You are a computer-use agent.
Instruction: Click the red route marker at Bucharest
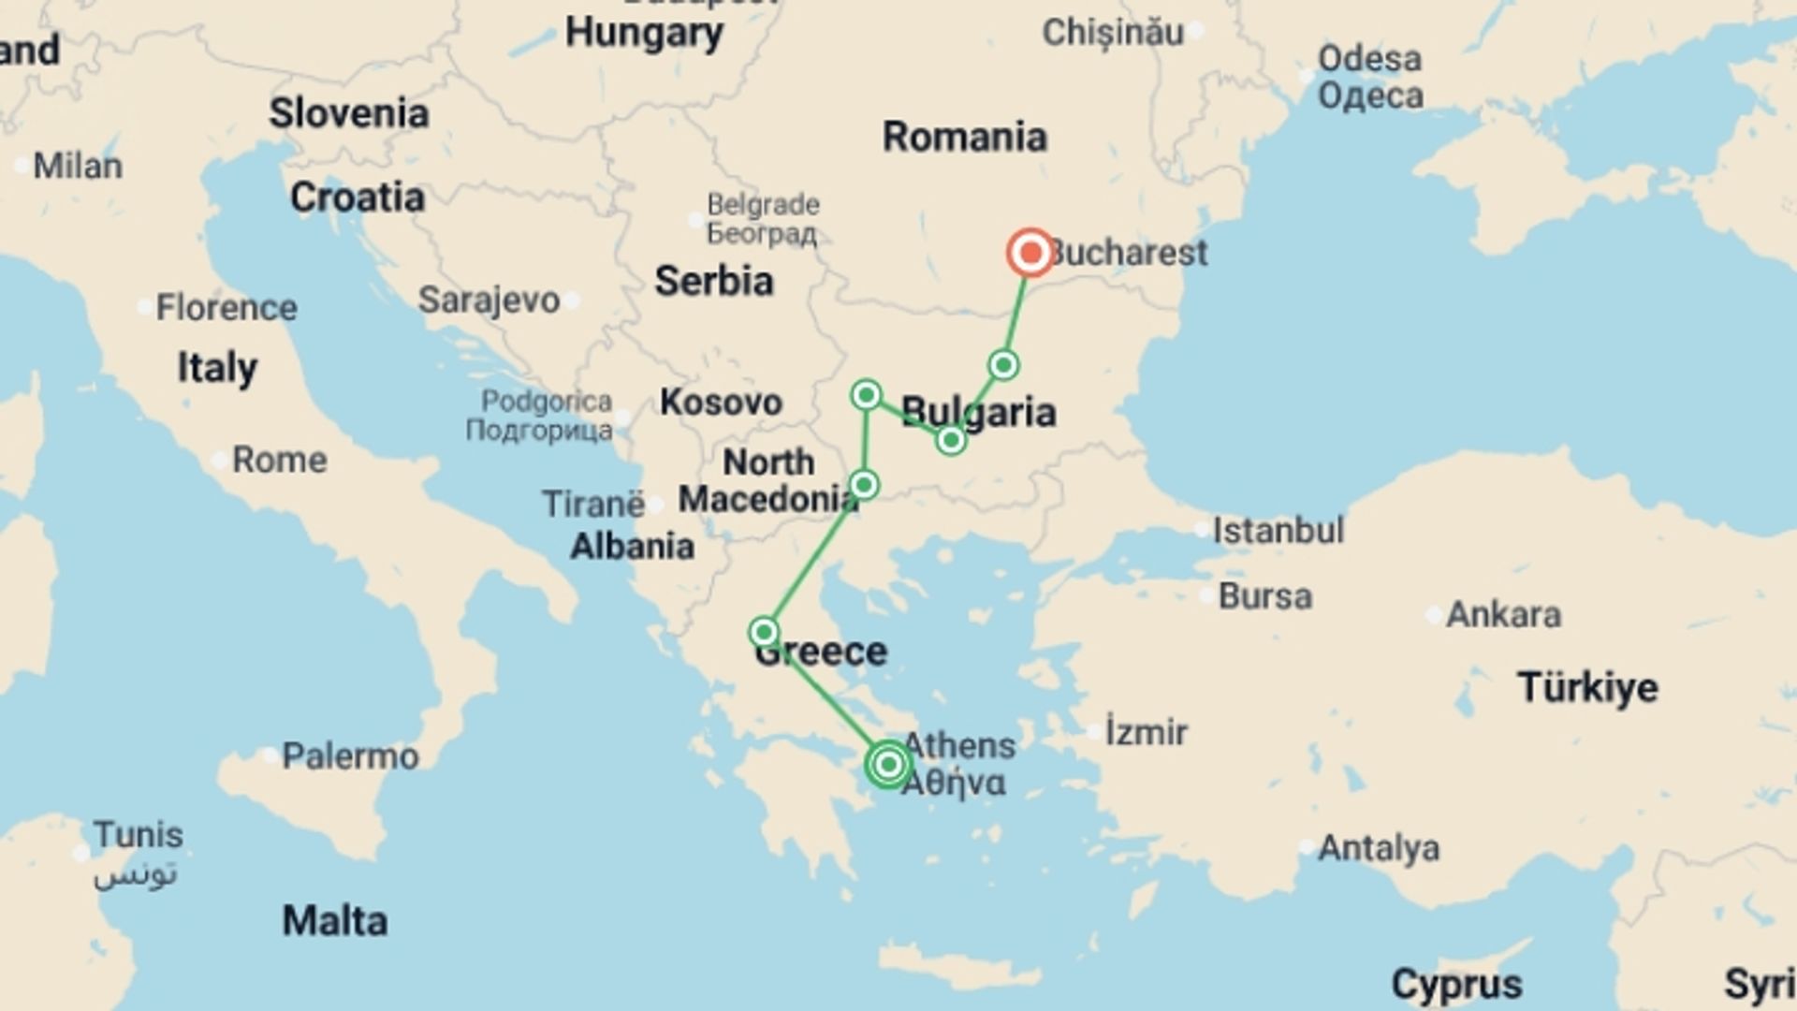pos(1030,252)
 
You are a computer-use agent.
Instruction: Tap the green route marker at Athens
pos(888,765)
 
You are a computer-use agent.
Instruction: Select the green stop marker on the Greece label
pos(764,632)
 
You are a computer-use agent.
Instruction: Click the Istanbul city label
pos(1278,531)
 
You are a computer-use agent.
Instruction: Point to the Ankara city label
pos(1503,615)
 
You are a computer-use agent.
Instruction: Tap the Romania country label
pos(964,137)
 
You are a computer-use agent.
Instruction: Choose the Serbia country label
pos(713,281)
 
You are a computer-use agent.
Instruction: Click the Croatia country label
pos(357,198)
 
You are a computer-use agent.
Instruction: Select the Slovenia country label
pos(348,113)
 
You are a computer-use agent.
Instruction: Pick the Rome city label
pos(279,460)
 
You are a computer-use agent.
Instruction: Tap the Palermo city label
pos(350,756)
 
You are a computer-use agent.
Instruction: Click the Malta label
pos(334,921)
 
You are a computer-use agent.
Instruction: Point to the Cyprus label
pos(1456,984)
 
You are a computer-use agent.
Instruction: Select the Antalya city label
pos(1378,848)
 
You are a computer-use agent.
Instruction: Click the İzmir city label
pos(1146,731)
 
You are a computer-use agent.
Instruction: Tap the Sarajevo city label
pos(489,300)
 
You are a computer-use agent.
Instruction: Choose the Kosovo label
pos(720,403)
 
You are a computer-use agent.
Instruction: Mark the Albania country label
pos(632,546)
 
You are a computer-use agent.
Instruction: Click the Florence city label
pos(226,307)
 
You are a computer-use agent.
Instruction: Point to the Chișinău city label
pos(1112,33)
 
